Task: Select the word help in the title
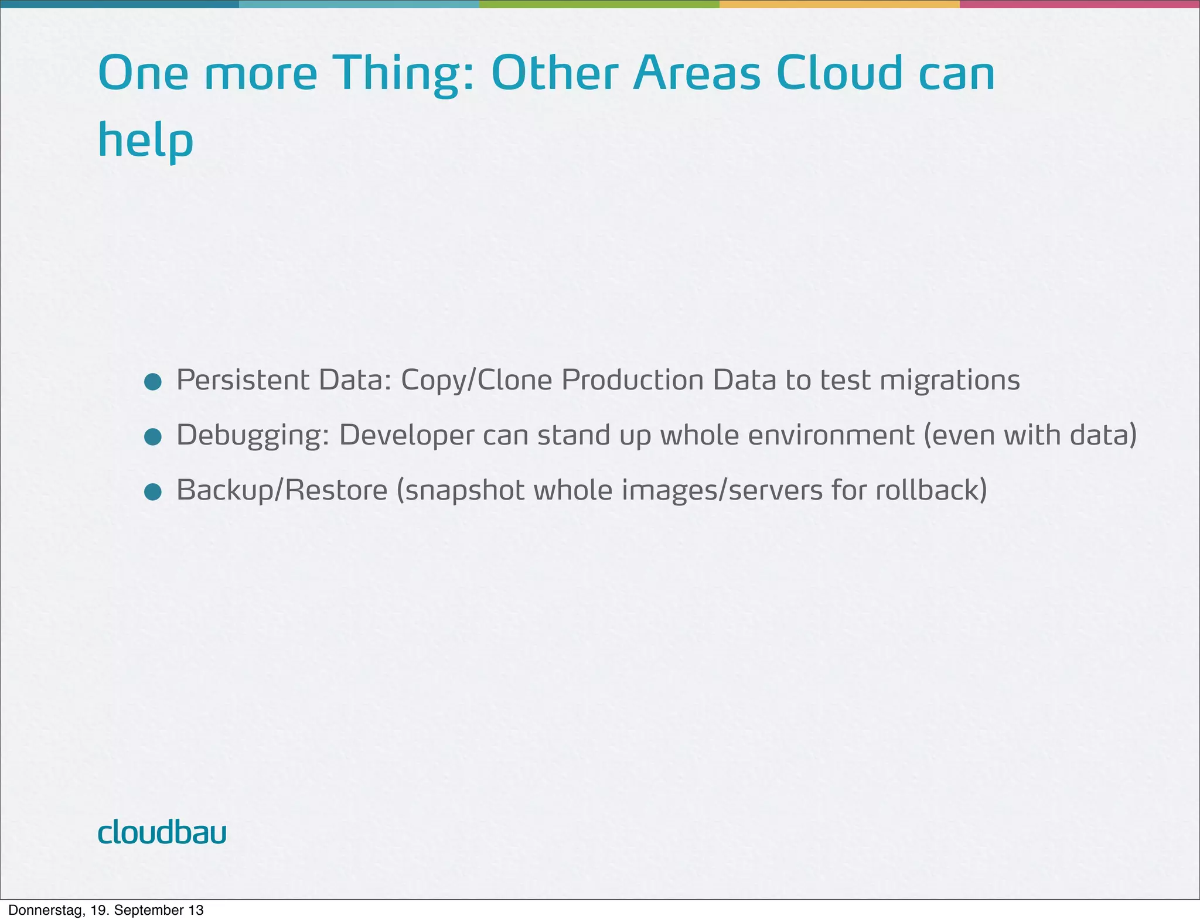[x=145, y=141]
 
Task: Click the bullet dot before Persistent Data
[x=153, y=382]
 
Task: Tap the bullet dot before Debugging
[x=153, y=437]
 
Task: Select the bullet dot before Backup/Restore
[x=153, y=492]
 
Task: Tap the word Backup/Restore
[x=282, y=490]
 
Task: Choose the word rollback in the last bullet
[x=931, y=490]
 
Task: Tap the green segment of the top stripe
[x=599, y=4]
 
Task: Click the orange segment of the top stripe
[x=839, y=4]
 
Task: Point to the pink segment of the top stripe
[x=1079, y=4]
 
